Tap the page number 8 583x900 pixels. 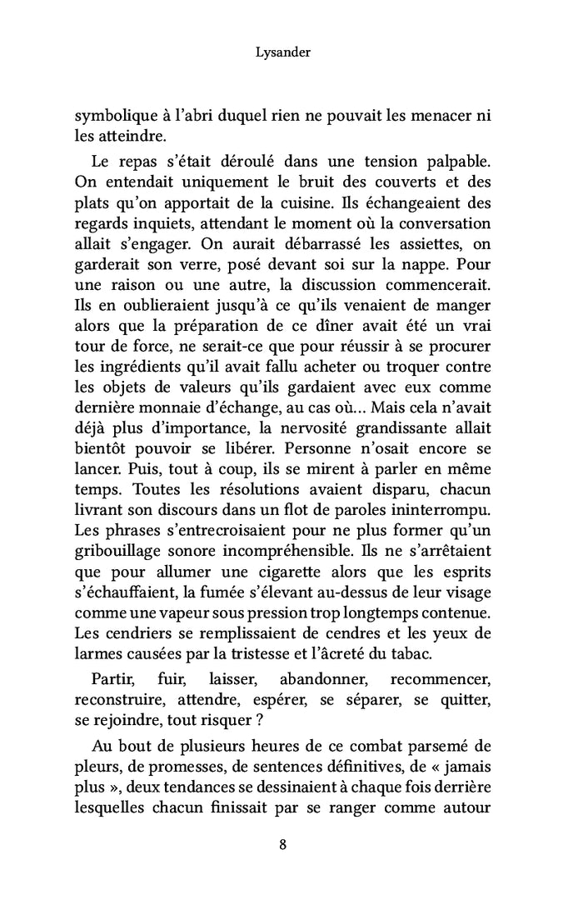pos(283,844)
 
